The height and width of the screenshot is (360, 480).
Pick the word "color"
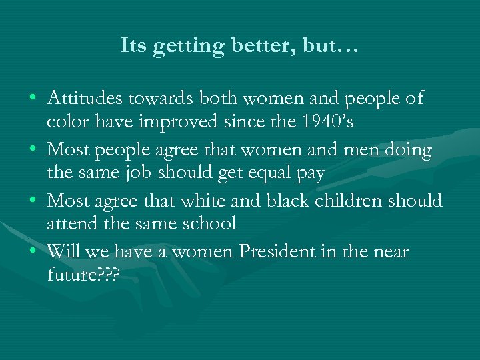[x=66, y=123]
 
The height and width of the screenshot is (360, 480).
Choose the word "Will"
[x=65, y=251]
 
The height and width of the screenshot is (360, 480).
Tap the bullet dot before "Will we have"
[x=33, y=253]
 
